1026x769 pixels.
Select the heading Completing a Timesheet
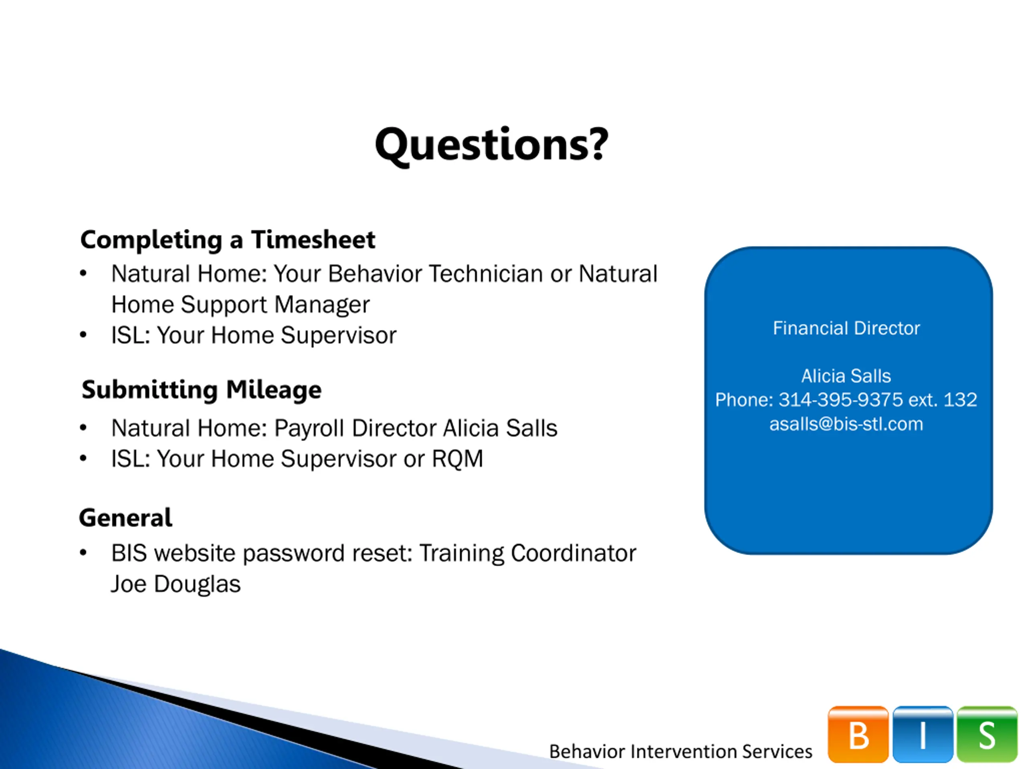(x=228, y=240)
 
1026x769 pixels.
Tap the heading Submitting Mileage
(x=201, y=389)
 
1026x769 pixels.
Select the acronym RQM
(x=457, y=459)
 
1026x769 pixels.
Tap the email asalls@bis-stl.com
(x=846, y=424)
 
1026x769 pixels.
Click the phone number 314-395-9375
(x=840, y=400)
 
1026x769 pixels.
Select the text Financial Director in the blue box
(x=846, y=328)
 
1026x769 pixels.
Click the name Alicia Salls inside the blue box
(x=846, y=376)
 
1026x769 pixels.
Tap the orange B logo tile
(x=858, y=734)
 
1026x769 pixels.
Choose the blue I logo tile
(x=923, y=734)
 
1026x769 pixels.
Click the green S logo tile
(x=987, y=734)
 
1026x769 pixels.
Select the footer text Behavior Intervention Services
(x=681, y=751)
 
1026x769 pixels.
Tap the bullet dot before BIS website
(x=83, y=553)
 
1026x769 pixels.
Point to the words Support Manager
(x=275, y=305)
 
